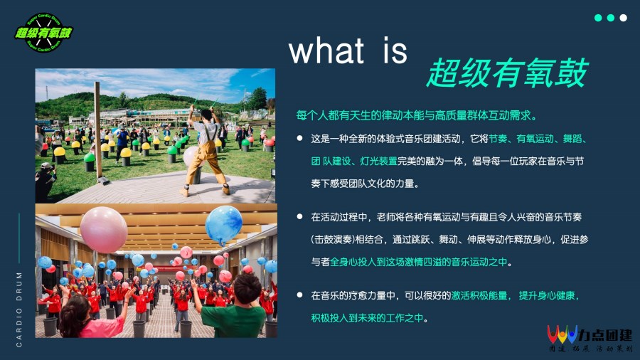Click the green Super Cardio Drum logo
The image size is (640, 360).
coord(43,33)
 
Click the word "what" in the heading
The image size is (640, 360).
coord(326,51)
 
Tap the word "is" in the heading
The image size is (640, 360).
coord(395,51)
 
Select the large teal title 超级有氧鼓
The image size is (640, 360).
coord(507,73)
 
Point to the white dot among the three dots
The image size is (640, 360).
coord(623,18)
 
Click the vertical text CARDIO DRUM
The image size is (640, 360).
coord(19,309)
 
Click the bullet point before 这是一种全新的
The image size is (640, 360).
coord(299,138)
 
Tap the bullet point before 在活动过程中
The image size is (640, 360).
coord(299,216)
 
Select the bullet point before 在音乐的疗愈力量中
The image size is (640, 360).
coord(299,295)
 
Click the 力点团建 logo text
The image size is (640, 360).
coord(605,335)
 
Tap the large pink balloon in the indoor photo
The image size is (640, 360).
coord(104,230)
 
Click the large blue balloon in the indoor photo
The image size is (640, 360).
coord(224,225)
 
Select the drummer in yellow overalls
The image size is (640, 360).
coord(206,151)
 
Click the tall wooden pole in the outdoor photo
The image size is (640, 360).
coord(98,131)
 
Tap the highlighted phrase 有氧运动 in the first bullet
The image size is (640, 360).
coord(535,139)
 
